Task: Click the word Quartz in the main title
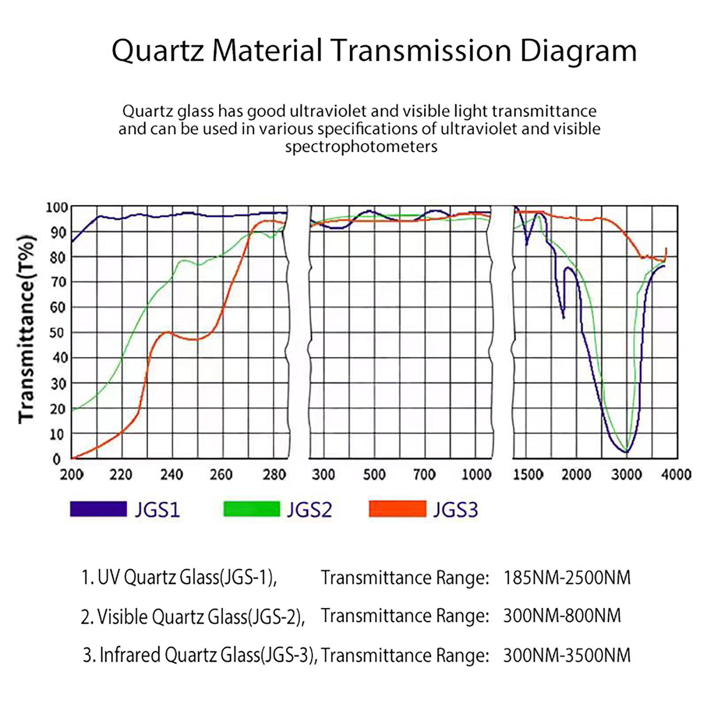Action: click(x=158, y=51)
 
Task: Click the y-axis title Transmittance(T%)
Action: click(x=27, y=329)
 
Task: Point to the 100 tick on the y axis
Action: click(x=57, y=207)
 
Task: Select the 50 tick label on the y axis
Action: click(x=57, y=333)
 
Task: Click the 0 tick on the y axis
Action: click(x=57, y=460)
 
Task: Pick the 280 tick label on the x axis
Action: click(x=274, y=475)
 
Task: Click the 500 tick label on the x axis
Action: click(x=374, y=475)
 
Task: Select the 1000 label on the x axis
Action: click(x=476, y=475)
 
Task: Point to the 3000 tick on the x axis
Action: click(x=627, y=475)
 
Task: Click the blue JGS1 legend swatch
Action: click(x=98, y=509)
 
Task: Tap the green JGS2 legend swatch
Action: click(x=251, y=509)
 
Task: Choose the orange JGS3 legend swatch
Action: click(x=397, y=509)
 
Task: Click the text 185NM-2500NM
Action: click(x=567, y=578)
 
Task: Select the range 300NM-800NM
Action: click(x=562, y=616)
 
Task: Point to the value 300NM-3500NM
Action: click(x=567, y=655)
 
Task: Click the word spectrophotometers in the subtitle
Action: click(x=361, y=147)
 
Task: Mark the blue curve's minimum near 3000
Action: click(x=626, y=452)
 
